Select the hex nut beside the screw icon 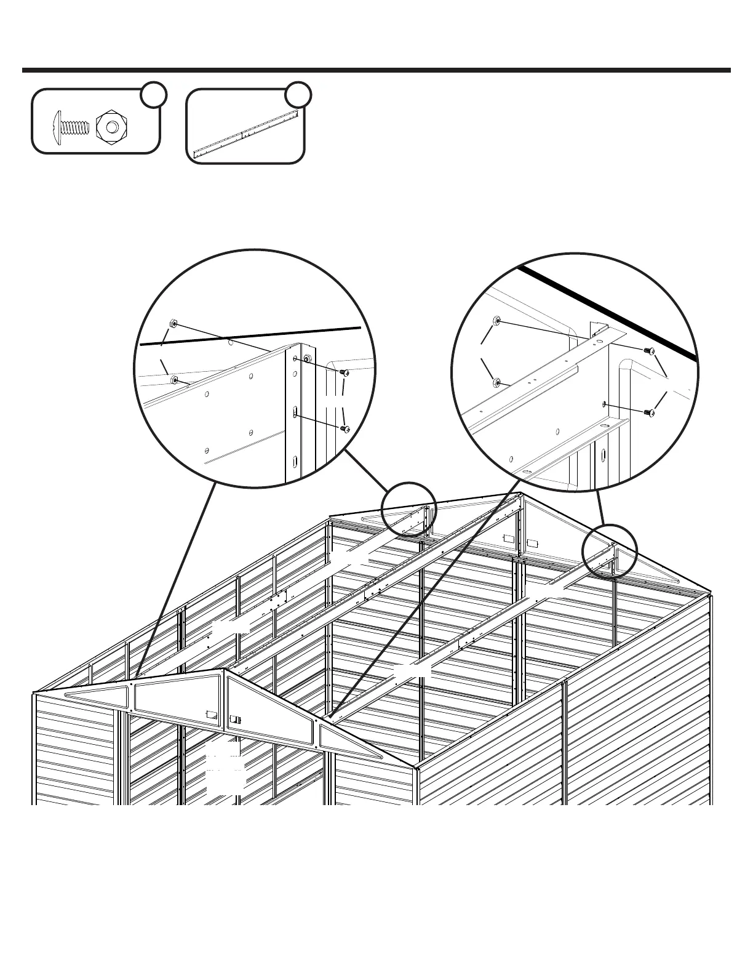(x=111, y=126)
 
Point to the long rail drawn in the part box (x=245, y=131)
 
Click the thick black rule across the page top (x=376, y=70)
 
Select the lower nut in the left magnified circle (x=175, y=379)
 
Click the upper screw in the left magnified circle (x=345, y=373)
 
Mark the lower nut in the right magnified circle (x=496, y=383)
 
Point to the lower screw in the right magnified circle (x=647, y=412)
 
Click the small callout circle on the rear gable (x=408, y=510)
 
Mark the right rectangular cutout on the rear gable (x=533, y=544)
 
